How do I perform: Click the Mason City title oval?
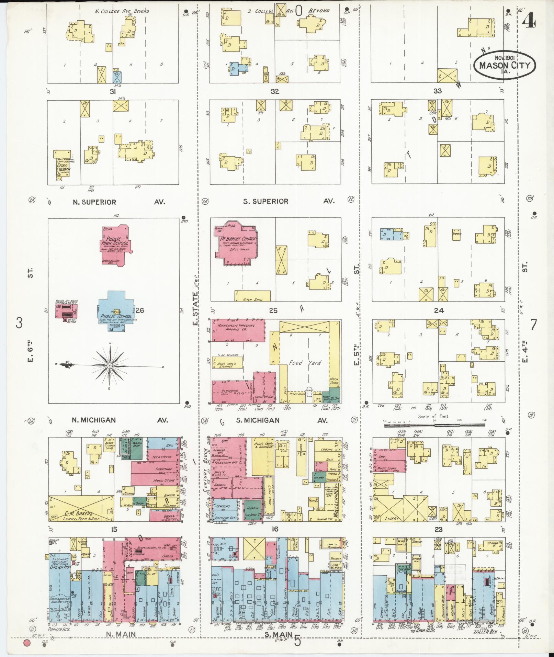click(x=504, y=65)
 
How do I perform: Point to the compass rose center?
click(x=110, y=366)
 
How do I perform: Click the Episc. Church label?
click(x=63, y=168)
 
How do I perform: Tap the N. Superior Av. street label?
click(x=94, y=202)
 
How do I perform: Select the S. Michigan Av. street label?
click(x=258, y=420)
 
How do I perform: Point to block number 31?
click(x=112, y=92)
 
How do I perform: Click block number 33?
click(x=437, y=91)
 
